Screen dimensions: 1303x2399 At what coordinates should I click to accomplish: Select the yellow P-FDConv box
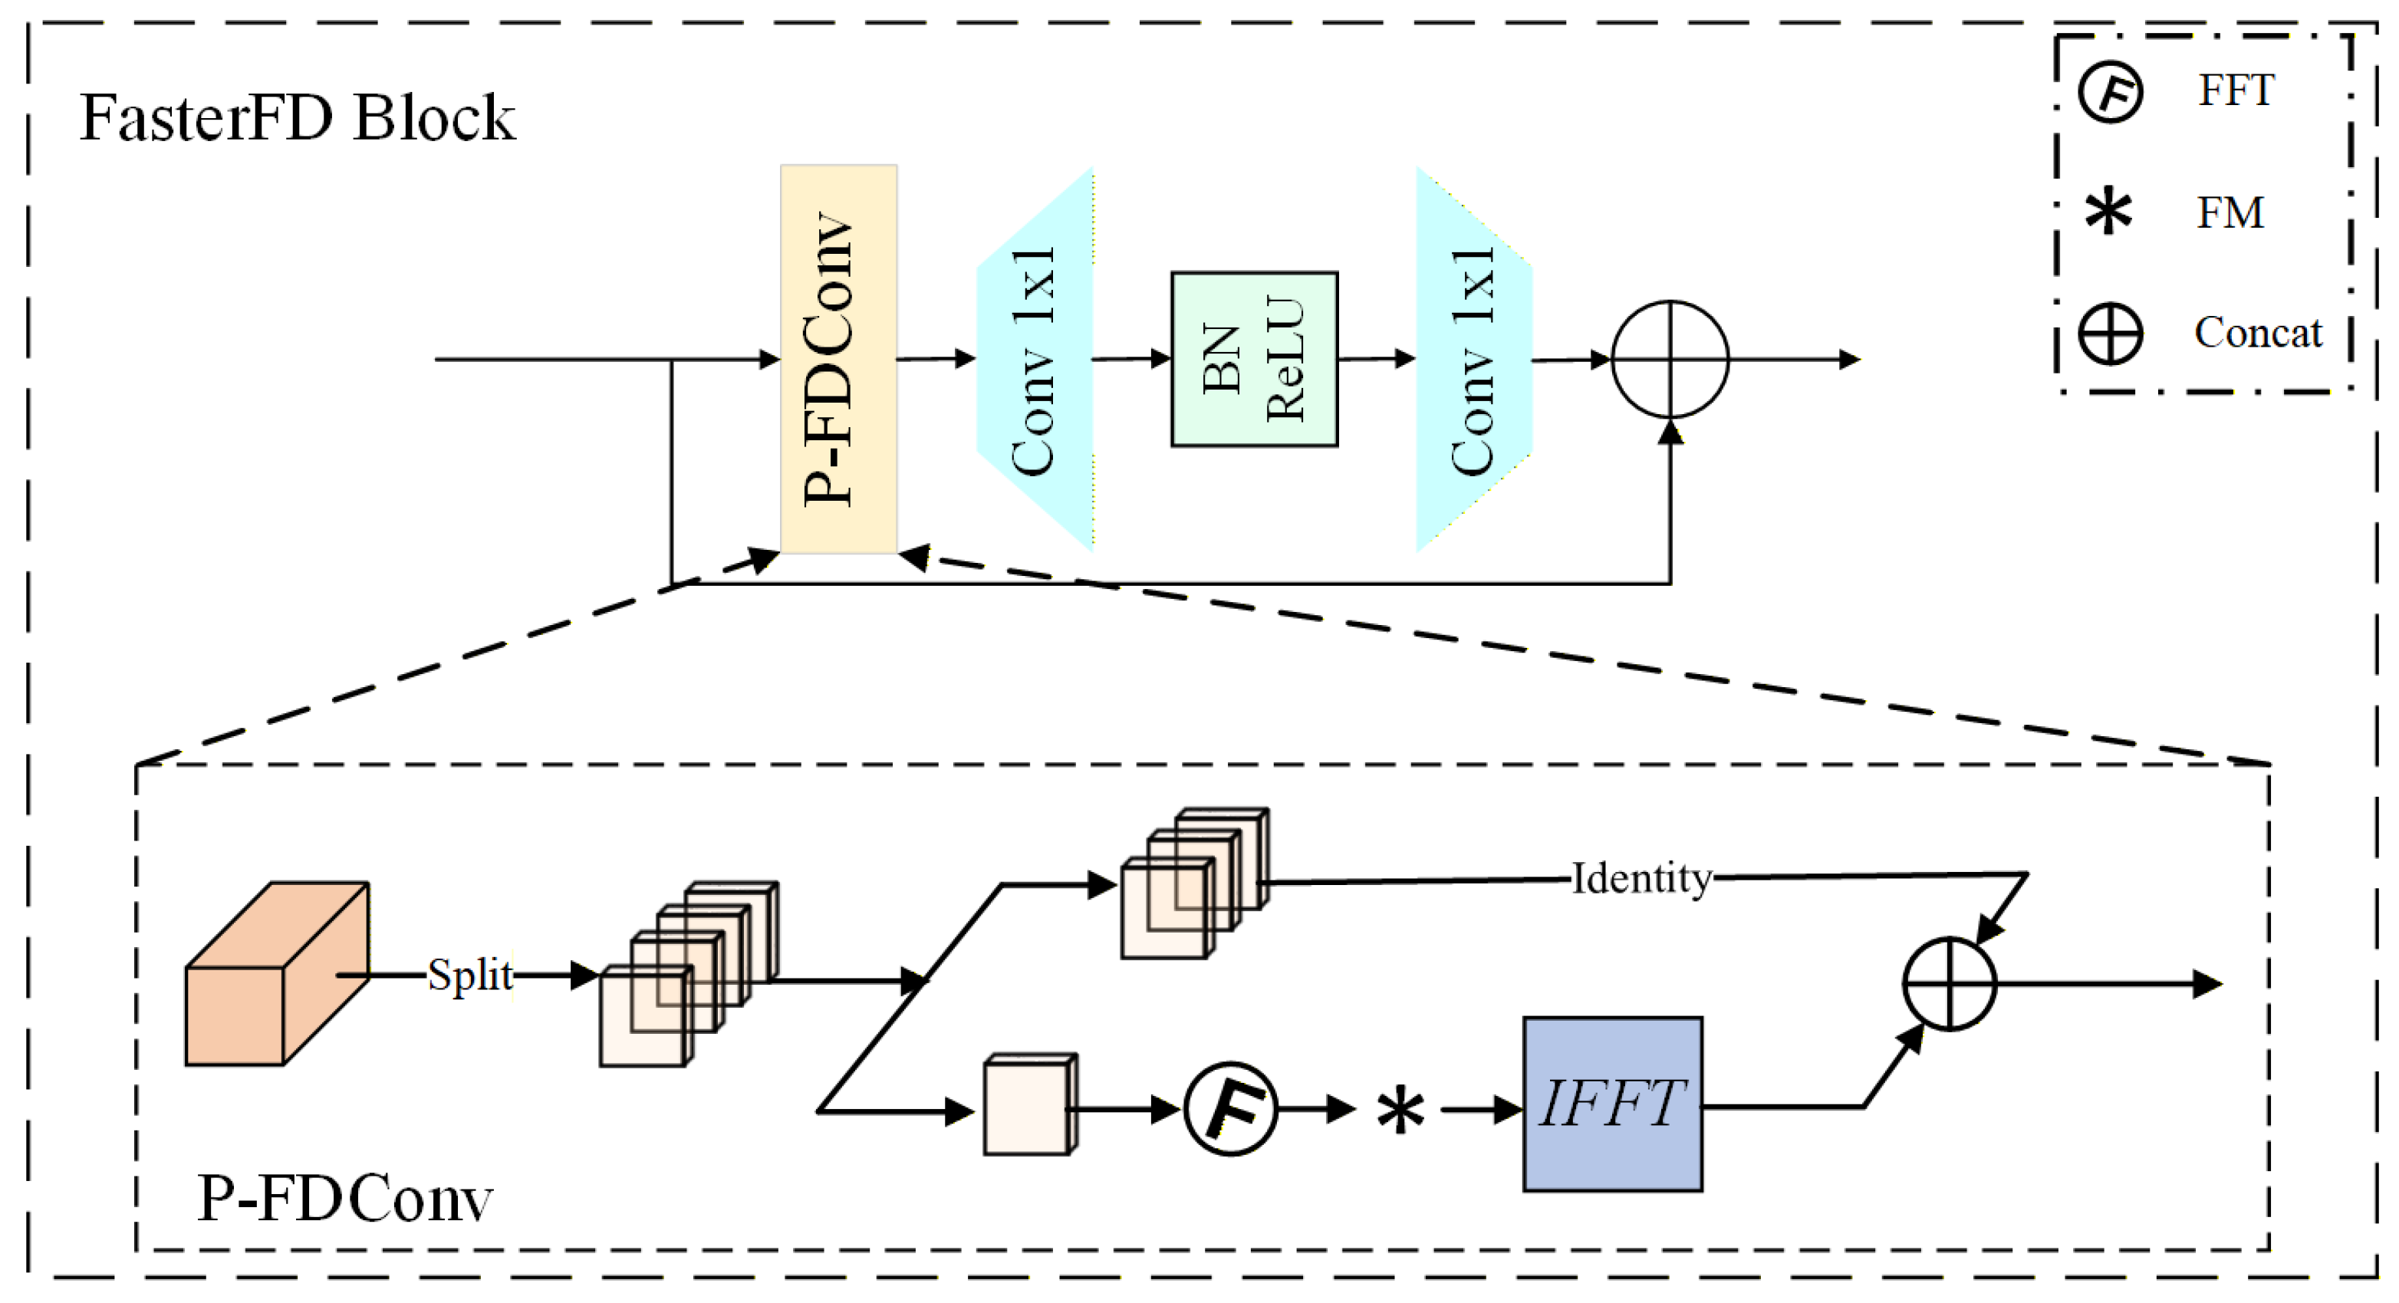[838, 359]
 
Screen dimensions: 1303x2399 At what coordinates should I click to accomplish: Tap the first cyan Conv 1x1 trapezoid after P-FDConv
[1034, 359]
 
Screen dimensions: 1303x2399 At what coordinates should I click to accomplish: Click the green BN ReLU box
[1253, 359]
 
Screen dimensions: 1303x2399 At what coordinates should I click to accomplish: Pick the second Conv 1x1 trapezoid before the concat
[1473, 359]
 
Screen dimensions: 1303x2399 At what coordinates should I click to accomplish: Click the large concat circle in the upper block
[1670, 359]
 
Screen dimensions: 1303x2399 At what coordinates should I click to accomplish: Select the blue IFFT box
[1612, 1104]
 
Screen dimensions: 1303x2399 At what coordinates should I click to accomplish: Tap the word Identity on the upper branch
[1641, 878]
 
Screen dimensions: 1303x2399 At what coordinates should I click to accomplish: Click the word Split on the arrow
[470, 976]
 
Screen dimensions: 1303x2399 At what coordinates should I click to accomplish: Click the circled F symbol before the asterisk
[1230, 1108]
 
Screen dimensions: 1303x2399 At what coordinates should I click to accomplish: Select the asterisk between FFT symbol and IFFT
[1400, 1111]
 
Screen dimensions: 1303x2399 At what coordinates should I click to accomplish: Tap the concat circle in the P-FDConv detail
[1948, 983]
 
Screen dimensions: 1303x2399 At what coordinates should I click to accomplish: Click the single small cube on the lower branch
[1029, 1107]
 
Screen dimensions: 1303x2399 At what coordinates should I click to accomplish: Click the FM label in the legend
[2230, 212]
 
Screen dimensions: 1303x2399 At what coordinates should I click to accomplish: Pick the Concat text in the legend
[2257, 333]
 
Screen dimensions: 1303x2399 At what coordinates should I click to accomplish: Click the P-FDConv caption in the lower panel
[344, 1199]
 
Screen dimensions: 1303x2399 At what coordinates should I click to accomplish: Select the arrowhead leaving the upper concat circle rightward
[1850, 360]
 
